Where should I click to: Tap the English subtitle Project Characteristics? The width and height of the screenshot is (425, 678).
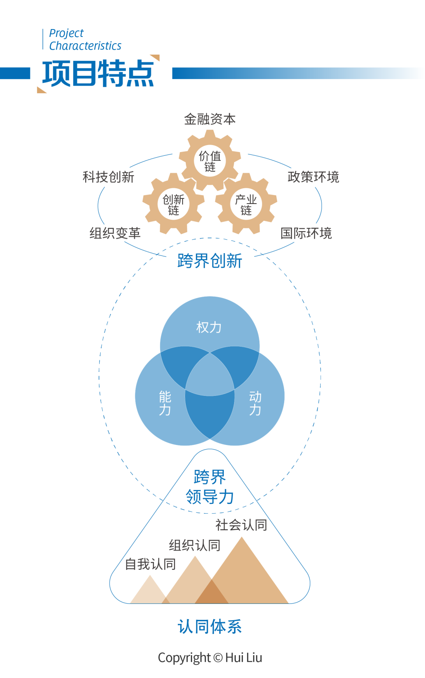(85, 40)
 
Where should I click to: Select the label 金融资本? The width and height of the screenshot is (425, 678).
(210, 119)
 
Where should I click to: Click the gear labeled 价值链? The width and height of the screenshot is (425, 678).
(210, 161)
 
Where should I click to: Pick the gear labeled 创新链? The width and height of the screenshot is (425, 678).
(174, 204)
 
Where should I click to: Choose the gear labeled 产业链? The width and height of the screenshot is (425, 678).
(246, 204)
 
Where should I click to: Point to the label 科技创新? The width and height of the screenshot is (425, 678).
(108, 177)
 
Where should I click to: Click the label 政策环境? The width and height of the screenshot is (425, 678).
(313, 177)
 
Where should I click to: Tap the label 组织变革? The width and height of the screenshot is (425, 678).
(115, 233)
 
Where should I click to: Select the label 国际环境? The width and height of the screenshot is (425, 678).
(306, 233)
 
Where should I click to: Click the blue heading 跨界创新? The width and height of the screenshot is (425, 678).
(210, 261)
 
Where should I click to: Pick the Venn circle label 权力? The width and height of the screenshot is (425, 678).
(209, 327)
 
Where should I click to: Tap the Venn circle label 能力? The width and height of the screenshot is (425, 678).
(165, 403)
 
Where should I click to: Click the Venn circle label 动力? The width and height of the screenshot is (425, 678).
(255, 403)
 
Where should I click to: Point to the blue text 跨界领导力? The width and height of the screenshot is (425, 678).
(210, 487)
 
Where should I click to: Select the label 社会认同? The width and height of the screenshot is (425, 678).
(241, 525)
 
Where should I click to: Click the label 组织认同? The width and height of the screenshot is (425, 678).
(194, 546)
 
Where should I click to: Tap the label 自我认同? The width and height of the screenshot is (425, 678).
(150, 564)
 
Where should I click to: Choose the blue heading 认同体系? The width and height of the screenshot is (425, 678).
(210, 627)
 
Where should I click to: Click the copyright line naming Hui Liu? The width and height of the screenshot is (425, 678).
(210, 658)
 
